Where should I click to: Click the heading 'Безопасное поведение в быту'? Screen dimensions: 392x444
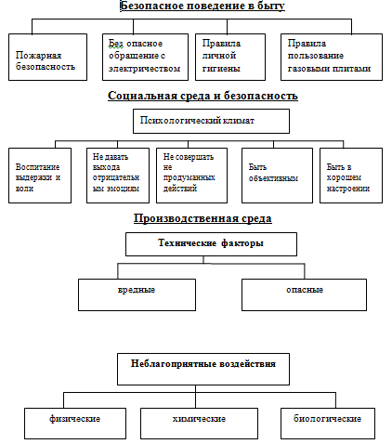203,6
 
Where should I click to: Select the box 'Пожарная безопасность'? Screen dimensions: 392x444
47,58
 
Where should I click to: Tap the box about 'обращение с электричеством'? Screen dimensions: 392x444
145,58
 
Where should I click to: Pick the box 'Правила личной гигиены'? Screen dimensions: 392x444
230,58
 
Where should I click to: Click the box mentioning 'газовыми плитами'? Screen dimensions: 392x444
332,58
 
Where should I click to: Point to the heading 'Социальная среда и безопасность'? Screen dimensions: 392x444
203,96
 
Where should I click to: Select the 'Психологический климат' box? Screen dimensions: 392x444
211,121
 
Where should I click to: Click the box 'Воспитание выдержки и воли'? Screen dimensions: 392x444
40,176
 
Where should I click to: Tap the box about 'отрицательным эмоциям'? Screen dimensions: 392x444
118,176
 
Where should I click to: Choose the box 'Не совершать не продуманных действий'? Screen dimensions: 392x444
191,176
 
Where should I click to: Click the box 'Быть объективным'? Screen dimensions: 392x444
277,176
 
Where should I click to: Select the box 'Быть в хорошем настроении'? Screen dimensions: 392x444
351,176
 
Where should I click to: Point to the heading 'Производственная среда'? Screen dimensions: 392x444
203,218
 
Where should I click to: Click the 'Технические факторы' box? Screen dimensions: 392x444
211,244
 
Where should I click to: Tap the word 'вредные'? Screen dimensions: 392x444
137,290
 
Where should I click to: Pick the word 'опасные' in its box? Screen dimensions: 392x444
305,290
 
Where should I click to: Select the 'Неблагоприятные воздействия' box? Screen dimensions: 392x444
203,369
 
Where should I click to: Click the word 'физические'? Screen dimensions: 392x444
75,419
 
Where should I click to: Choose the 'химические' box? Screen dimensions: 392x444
199,424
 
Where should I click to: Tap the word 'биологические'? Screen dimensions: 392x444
327,419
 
